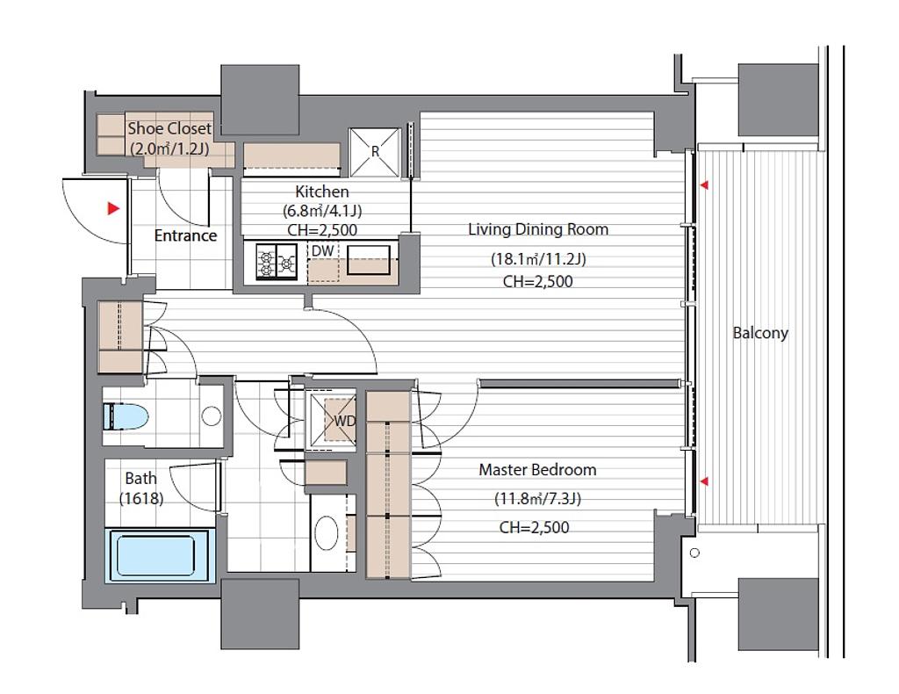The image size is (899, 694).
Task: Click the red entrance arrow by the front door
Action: point(114,209)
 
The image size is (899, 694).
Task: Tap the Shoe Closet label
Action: point(169,128)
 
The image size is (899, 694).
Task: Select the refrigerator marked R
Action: point(375,153)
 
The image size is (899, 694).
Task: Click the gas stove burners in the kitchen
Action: point(277,262)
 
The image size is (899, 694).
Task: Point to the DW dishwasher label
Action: point(323,251)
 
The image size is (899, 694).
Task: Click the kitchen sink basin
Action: point(366,260)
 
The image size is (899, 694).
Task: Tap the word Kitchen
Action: point(321,192)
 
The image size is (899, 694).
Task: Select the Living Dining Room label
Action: point(538,229)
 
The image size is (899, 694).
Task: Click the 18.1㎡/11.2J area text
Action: point(538,259)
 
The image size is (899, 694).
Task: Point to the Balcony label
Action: point(760,333)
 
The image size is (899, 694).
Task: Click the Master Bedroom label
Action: point(537,470)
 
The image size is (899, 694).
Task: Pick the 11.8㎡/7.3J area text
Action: point(538,499)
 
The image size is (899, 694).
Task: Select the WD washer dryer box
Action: point(333,420)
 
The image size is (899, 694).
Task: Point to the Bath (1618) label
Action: point(141,488)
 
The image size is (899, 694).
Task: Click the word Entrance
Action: point(185,235)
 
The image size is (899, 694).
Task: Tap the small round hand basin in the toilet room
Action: point(212,416)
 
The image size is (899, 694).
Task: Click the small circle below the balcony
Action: point(695,553)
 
